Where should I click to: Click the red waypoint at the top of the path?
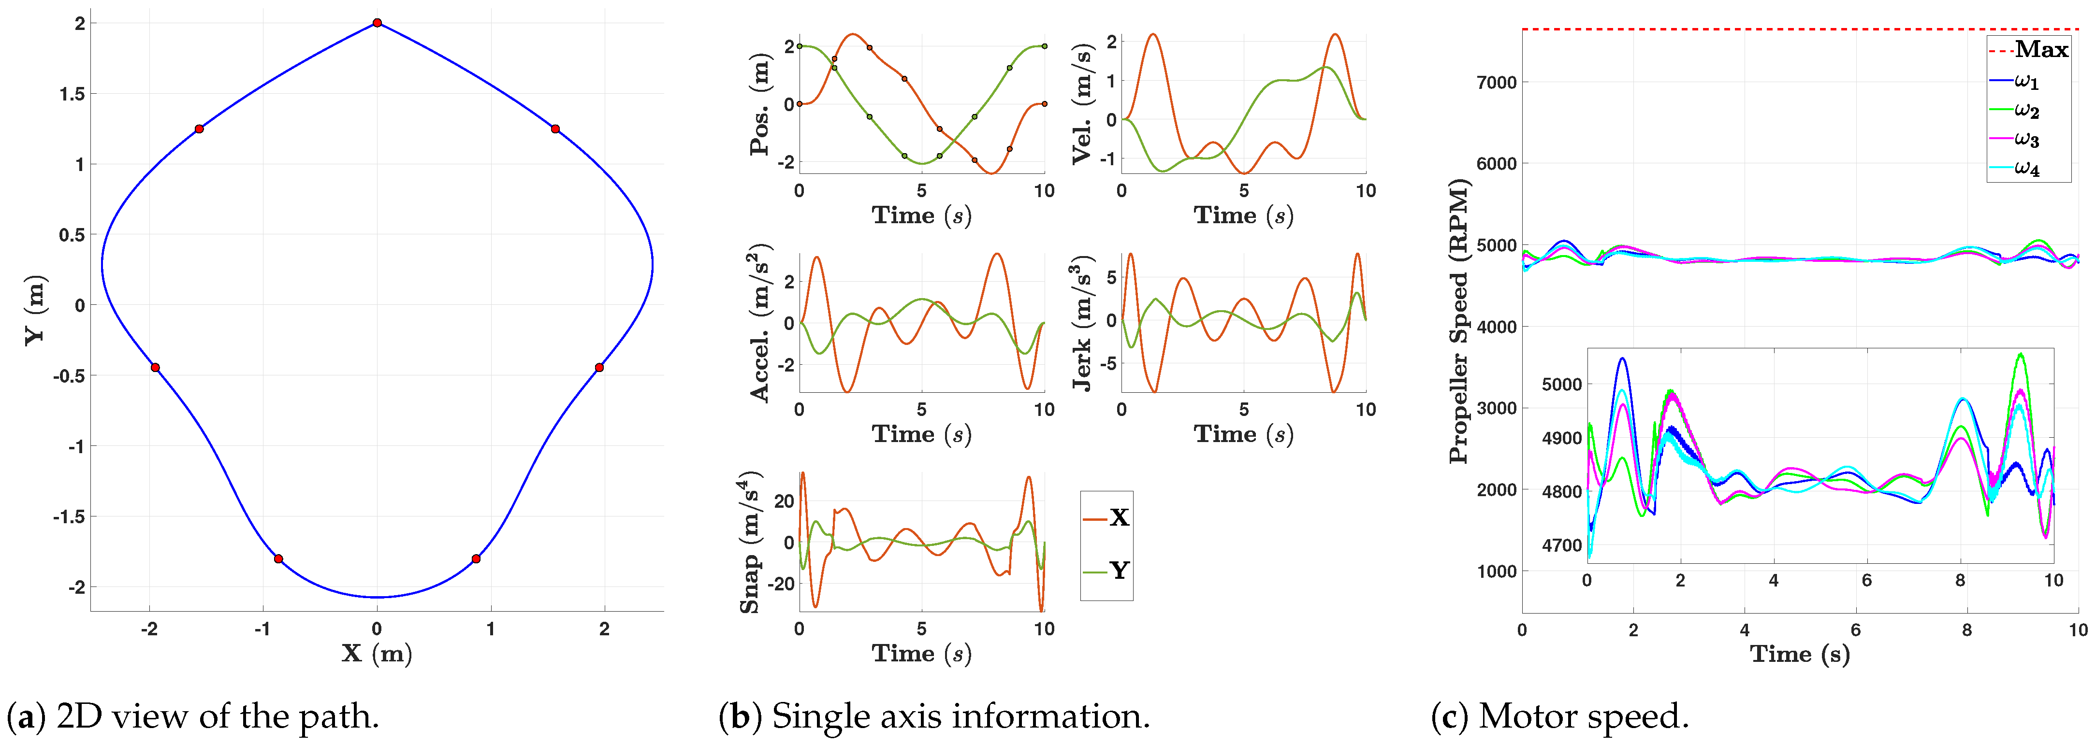point(377,23)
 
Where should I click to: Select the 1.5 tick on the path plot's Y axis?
point(73,94)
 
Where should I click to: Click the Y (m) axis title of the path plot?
point(34,310)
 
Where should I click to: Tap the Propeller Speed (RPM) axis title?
point(1460,322)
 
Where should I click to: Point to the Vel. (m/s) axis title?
point(1083,103)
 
